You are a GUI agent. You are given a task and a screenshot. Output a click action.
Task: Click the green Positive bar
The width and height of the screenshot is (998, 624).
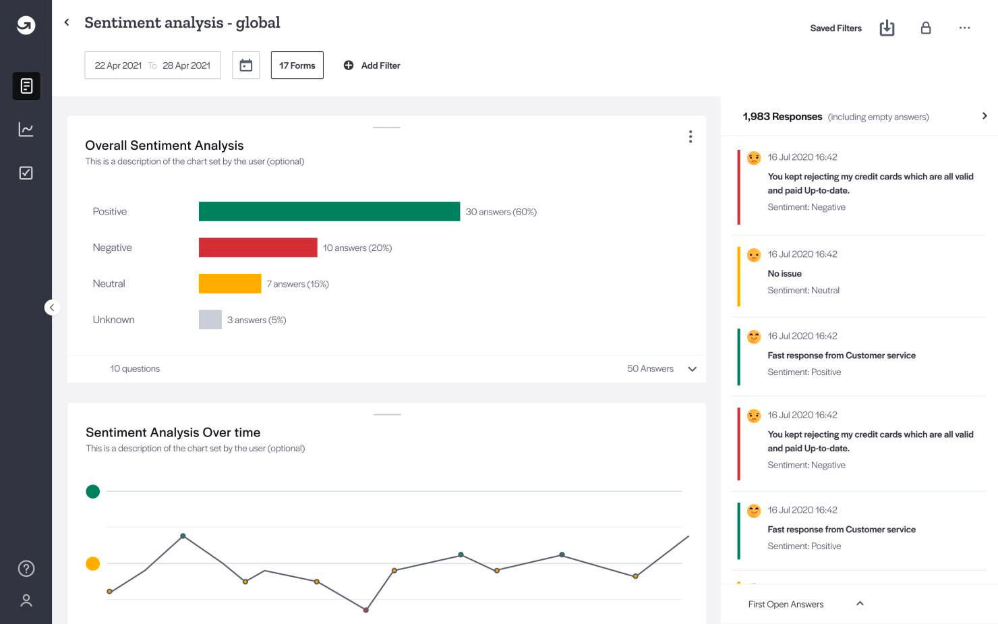(329, 212)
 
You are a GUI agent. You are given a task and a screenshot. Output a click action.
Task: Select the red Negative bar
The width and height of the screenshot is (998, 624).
(258, 248)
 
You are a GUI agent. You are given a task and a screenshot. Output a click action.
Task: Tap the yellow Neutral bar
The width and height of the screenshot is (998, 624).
(230, 283)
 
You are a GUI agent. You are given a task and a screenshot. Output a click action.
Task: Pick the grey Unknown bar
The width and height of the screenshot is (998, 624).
(210, 320)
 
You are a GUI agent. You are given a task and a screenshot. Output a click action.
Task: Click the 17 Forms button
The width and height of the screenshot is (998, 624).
(297, 65)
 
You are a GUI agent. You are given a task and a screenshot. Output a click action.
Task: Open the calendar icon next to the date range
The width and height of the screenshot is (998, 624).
(246, 65)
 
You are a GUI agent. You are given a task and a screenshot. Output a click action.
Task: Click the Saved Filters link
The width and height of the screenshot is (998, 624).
(835, 28)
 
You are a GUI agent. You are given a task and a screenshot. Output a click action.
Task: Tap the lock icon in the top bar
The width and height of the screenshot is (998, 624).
(926, 28)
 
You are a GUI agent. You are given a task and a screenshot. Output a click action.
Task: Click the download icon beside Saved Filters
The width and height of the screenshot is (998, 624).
(887, 28)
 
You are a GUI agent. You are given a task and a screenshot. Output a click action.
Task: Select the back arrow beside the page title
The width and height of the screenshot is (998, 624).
(67, 22)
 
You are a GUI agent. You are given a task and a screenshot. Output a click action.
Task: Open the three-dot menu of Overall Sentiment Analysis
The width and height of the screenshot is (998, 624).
(691, 137)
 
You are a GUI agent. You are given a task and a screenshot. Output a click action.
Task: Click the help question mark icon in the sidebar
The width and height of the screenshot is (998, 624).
(26, 569)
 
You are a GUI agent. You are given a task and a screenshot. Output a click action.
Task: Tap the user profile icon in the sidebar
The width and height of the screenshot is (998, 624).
(26, 600)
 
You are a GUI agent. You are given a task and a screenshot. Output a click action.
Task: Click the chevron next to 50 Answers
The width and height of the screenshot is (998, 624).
(692, 369)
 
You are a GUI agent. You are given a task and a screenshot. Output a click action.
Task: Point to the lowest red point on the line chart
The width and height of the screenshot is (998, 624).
(366, 610)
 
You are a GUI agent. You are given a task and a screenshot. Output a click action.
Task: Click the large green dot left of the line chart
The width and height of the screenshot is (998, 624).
(93, 492)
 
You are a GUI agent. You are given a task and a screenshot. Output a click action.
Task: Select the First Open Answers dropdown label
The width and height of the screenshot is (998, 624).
(786, 604)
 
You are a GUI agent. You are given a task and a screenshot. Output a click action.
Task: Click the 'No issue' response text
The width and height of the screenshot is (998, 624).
(784, 274)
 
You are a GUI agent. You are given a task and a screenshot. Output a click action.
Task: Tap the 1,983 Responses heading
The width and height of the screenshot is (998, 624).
(782, 117)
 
